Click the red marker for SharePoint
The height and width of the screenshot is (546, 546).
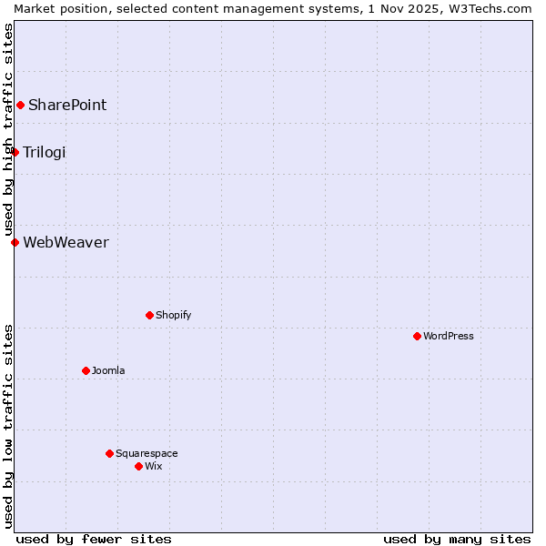point(20,106)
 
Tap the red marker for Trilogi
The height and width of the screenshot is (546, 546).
point(15,152)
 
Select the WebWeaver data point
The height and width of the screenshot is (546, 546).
point(15,242)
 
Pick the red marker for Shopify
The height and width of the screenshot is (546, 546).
point(149,316)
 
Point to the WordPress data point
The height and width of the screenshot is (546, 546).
point(417,337)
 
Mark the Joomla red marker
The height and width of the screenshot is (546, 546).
point(86,371)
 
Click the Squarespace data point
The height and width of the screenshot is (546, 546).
point(109,453)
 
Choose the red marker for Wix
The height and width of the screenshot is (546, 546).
point(138,467)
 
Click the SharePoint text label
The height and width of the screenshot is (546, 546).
point(67,106)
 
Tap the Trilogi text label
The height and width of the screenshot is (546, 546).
point(45,152)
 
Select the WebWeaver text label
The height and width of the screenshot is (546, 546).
point(66,242)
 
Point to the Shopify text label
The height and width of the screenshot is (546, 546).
point(173,316)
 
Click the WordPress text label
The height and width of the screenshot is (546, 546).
point(449,337)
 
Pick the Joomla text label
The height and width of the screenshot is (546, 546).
point(108,371)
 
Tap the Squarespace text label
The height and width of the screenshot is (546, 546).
point(147,453)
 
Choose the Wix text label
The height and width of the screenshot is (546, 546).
point(154,467)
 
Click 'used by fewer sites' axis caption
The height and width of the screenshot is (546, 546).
point(94,539)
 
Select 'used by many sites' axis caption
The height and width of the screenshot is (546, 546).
point(457,539)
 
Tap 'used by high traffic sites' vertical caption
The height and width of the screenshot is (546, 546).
point(8,129)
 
